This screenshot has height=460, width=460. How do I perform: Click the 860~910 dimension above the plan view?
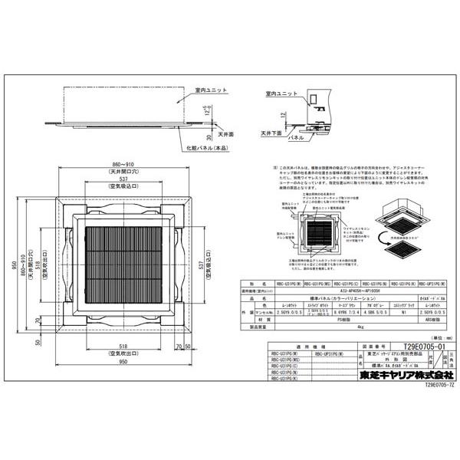(x=123, y=166)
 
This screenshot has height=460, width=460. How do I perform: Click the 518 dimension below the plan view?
(x=123, y=347)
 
